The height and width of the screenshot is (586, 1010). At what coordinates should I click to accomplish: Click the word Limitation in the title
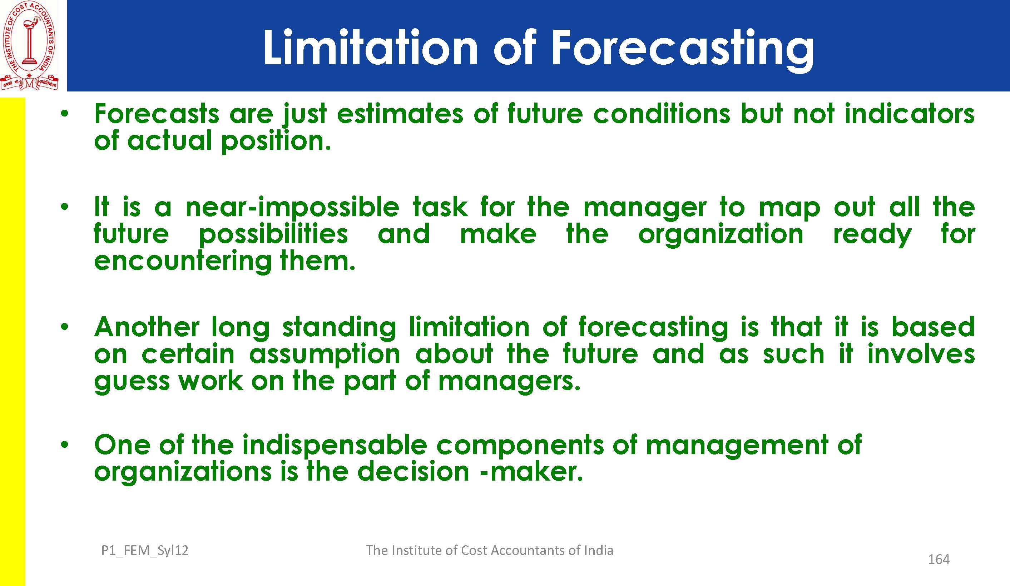point(370,47)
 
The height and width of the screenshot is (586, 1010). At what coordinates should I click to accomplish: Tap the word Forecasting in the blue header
point(683,50)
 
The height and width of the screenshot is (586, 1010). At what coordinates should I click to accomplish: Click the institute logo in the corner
point(30,45)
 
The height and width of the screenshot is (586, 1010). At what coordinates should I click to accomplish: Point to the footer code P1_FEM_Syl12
point(145,551)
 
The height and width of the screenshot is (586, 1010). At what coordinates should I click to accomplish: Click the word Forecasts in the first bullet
point(157,114)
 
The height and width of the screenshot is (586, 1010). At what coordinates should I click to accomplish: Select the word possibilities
point(273,235)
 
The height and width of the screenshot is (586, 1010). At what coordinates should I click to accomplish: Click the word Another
point(147,327)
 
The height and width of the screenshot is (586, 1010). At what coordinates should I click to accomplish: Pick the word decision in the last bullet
point(413,471)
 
